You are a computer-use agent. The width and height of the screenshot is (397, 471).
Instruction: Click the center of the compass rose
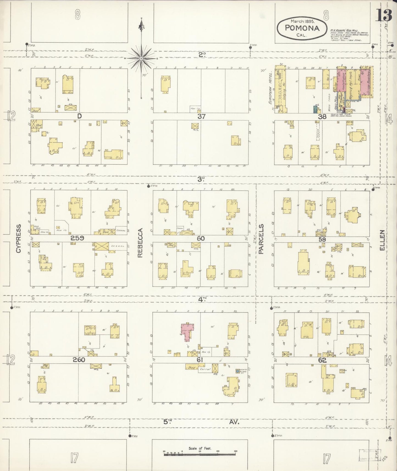(141, 59)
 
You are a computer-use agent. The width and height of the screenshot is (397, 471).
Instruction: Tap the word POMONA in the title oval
(302, 28)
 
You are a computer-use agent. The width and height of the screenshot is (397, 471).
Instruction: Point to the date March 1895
(302, 21)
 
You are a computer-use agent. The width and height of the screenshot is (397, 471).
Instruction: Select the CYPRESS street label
(18, 238)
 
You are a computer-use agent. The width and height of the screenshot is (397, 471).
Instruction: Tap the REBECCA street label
(140, 242)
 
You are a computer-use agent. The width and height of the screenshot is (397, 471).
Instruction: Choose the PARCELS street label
(261, 239)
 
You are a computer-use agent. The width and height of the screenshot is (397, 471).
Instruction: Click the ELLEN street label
(382, 240)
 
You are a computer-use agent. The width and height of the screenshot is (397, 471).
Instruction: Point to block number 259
(77, 238)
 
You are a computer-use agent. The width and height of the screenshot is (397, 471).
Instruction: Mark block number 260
(79, 360)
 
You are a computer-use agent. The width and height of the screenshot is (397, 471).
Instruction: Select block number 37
(201, 116)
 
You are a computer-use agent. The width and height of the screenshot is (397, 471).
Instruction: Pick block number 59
(322, 239)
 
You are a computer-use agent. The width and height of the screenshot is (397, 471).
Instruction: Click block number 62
(322, 360)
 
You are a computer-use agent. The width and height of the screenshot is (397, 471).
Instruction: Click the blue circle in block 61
(237, 371)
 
